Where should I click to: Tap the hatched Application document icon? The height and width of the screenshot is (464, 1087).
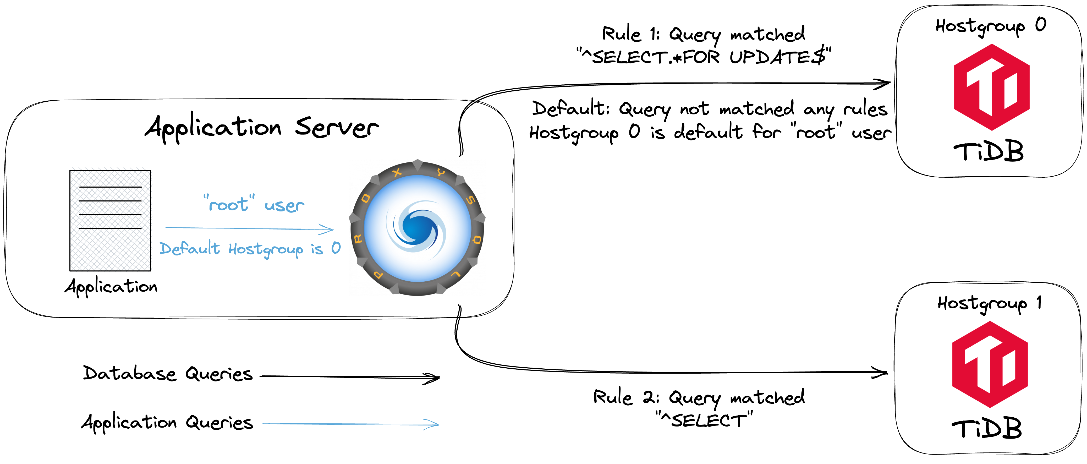pyautogui.click(x=110, y=220)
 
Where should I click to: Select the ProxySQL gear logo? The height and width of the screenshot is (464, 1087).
pyautogui.click(x=417, y=228)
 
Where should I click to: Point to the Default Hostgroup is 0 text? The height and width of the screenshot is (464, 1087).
pyautogui.click(x=250, y=249)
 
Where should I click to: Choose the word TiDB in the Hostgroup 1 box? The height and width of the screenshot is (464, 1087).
pyautogui.click(x=987, y=429)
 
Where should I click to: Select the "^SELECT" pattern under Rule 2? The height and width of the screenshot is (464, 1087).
pyautogui.click(x=704, y=420)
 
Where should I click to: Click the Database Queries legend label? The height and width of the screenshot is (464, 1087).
pyautogui.click(x=168, y=374)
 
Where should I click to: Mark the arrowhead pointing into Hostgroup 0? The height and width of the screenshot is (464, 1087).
pyautogui.click(x=883, y=84)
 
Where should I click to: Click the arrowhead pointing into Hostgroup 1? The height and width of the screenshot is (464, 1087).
pyautogui.click(x=881, y=372)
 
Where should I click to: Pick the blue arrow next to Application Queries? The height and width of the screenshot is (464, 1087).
pyautogui.click(x=350, y=424)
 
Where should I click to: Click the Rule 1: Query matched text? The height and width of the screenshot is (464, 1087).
pyautogui.click(x=704, y=34)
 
